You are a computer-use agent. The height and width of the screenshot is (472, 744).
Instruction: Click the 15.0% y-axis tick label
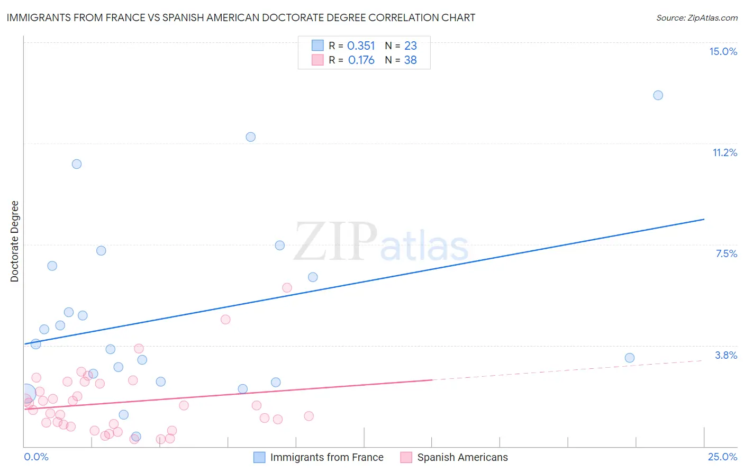723,51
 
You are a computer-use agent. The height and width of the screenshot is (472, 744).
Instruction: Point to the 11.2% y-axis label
724,152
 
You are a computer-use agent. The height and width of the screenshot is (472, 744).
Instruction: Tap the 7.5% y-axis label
726,253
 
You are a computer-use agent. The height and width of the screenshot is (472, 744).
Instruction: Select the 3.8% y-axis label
726,355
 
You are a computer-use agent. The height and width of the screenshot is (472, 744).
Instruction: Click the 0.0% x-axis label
36,457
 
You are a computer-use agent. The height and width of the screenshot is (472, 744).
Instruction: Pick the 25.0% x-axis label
722,457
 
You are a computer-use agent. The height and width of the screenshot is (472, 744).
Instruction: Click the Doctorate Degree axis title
14,241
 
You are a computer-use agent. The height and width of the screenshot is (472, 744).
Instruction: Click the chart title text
241,17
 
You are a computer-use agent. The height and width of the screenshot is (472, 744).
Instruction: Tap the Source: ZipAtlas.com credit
696,17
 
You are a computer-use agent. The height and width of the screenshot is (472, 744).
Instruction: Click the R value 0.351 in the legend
361,46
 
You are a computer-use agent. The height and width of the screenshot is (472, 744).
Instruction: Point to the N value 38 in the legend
410,60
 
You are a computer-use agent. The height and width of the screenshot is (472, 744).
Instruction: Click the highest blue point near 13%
658,95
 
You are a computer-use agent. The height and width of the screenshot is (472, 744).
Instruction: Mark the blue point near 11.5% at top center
251,137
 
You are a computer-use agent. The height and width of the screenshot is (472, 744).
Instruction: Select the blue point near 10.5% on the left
77,164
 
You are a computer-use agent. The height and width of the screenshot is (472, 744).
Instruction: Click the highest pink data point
287,288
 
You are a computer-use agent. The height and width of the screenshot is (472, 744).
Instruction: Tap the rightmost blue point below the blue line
629,358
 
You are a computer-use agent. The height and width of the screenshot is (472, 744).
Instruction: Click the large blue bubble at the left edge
26,393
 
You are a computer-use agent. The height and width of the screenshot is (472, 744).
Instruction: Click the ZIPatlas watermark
381,242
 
